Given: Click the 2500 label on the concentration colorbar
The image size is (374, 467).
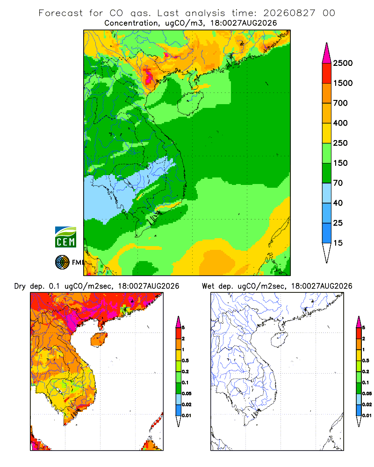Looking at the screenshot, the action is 343,63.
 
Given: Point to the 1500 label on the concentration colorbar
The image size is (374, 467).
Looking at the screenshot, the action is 343,83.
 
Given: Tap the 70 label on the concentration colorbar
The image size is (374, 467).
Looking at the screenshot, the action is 338,183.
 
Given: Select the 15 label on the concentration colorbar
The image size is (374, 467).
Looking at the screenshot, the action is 338,243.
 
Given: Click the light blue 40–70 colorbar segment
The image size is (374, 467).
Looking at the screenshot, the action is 327,193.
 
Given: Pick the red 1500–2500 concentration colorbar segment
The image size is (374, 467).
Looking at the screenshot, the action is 327,73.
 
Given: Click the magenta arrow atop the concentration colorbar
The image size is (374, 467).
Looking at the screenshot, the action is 327,53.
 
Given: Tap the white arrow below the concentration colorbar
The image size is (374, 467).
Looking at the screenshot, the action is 327,253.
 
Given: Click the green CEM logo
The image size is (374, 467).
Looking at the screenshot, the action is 65,237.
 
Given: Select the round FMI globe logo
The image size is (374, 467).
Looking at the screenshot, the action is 62,262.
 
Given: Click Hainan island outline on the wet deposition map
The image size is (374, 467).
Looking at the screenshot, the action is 279,340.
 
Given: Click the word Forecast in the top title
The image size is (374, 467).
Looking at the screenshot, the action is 61,13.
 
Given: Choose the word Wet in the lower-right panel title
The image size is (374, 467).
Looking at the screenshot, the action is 208,286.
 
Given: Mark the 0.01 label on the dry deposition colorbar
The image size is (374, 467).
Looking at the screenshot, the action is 187,416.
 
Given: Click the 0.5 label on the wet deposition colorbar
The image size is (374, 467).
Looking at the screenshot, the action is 366,361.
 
